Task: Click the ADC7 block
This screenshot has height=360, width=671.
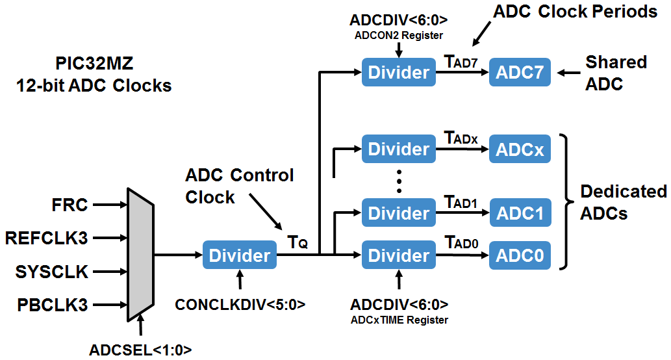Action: (x=520, y=72)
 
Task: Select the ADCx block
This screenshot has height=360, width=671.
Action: (x=520, y=149)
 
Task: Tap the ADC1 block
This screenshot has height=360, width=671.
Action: (x=520, y=213)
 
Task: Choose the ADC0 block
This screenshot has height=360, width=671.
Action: (x=520, y=255)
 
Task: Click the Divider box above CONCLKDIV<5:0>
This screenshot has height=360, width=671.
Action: (x=240, y=255)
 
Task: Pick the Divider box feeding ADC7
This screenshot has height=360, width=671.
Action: (x=399, y=72)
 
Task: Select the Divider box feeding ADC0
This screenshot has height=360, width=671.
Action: (x=399, y=255)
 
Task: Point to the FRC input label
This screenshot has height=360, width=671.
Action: (x=70, y=206)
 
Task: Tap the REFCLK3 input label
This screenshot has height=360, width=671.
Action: (x=46, y=238)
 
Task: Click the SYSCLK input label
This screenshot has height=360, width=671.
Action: (x=52, y=272)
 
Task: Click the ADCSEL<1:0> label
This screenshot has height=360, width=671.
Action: (x=140, y=350)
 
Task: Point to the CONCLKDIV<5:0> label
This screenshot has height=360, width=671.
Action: (x=240, y=304)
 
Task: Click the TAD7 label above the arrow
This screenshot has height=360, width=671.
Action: (x=461, y=61)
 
